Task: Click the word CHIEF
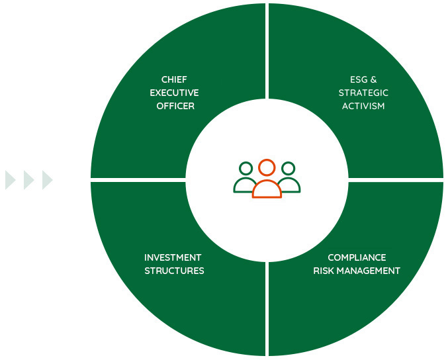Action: [174, 80]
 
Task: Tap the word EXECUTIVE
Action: [174, 93]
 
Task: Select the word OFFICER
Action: [175, 106]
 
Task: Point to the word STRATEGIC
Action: [363, 93]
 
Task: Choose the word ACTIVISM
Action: [363, 106]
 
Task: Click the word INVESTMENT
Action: [173, 257]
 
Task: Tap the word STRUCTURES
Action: [174, 271]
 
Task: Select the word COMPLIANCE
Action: [357, 257]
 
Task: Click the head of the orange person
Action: [267, 167]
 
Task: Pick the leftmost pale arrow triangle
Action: [10, 180]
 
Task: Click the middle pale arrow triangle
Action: [28, 180]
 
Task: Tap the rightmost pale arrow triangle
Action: [47, 180]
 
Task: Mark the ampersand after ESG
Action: [373, 80]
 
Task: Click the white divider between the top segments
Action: [267, 53]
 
